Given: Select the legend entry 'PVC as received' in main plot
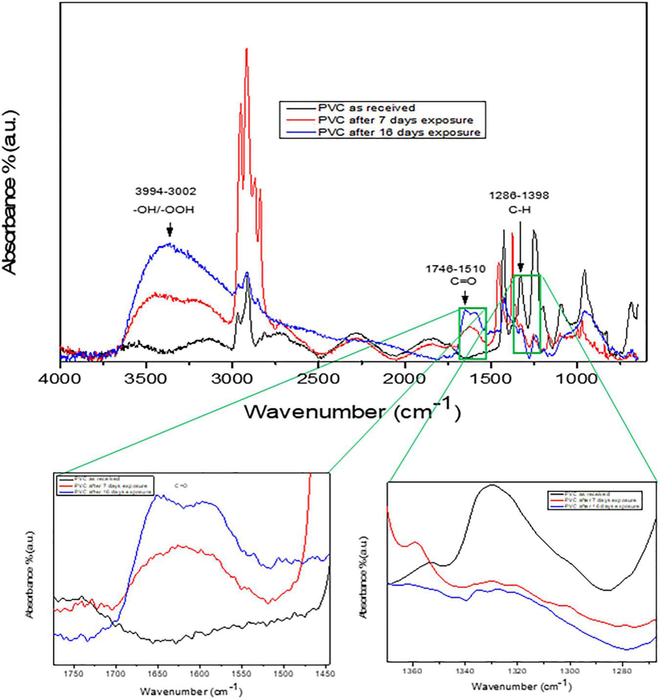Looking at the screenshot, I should pyautogui.click(x=366, y=107).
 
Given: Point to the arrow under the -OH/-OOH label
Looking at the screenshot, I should pyautogui.click(x=170, y=230).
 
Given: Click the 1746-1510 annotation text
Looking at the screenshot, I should pyautogui.click(x=455, y=268).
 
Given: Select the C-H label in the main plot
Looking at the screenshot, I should pyautogui.click(x=519, y=210).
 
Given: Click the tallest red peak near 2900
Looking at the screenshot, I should pyautogui.click(x=246, y=49).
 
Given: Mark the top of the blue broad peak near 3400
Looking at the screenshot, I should pyautogui.click(x=169, y=244).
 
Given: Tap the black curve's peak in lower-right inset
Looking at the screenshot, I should pyautogui.click(x=491, y=485).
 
